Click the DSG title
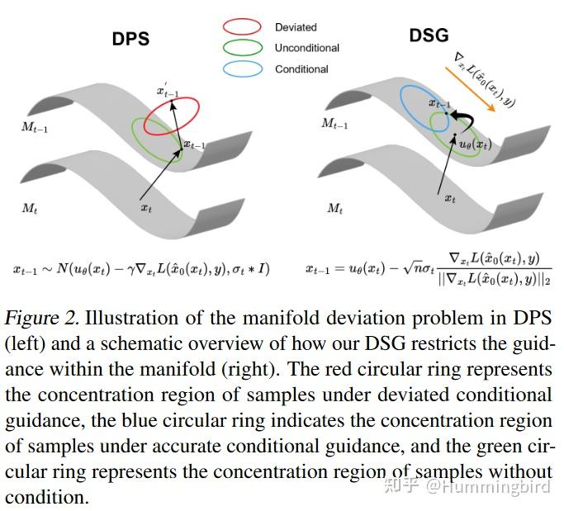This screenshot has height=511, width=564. click(429, 35)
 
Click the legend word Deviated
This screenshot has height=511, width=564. click(296, 27)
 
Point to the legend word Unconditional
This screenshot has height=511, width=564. click(306, 48)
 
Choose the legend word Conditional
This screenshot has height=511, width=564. click(301, 69)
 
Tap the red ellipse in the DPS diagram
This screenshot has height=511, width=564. click(172, 116)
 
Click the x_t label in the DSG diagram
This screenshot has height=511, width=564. click(450, 198)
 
